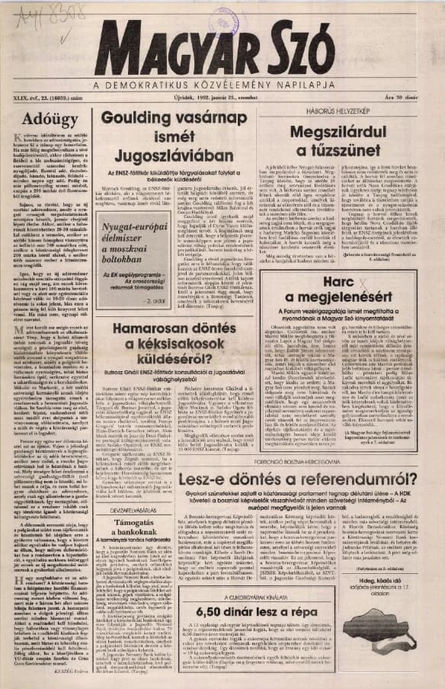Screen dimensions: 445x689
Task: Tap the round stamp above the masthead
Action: coord(228,20)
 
